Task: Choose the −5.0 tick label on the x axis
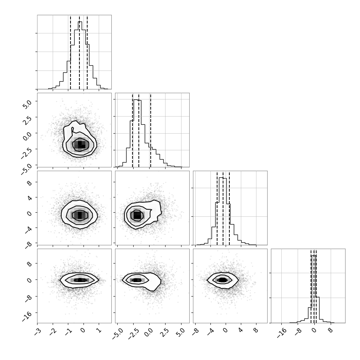coord(117,334)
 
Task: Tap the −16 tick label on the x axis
coord(281,333)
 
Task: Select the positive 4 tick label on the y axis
coord(30,198)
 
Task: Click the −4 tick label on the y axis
coord(28,230)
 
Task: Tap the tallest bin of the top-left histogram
coord(80,55)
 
